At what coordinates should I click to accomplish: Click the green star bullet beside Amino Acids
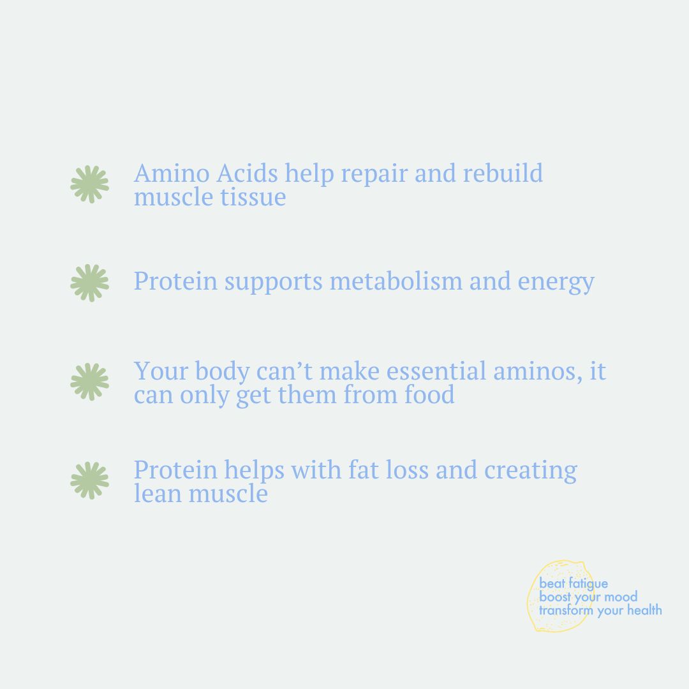(90, 184)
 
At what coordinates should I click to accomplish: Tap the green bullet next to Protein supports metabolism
(90, 283)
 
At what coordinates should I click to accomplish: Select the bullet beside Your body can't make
(90, 382)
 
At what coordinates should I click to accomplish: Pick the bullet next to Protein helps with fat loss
(90, 481)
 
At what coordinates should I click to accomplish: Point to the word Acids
(247, 173)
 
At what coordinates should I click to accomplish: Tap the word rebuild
(503, 173)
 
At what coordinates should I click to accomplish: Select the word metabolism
(396, 281)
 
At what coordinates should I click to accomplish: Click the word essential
(436, 371)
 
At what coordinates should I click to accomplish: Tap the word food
(429, 394)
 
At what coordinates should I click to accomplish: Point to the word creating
(530, 471)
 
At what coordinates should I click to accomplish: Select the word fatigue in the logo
(588, 584)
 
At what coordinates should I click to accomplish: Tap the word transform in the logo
(566, 610)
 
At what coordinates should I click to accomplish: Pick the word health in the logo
(644, 610)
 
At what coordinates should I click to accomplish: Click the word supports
(273, 283)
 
